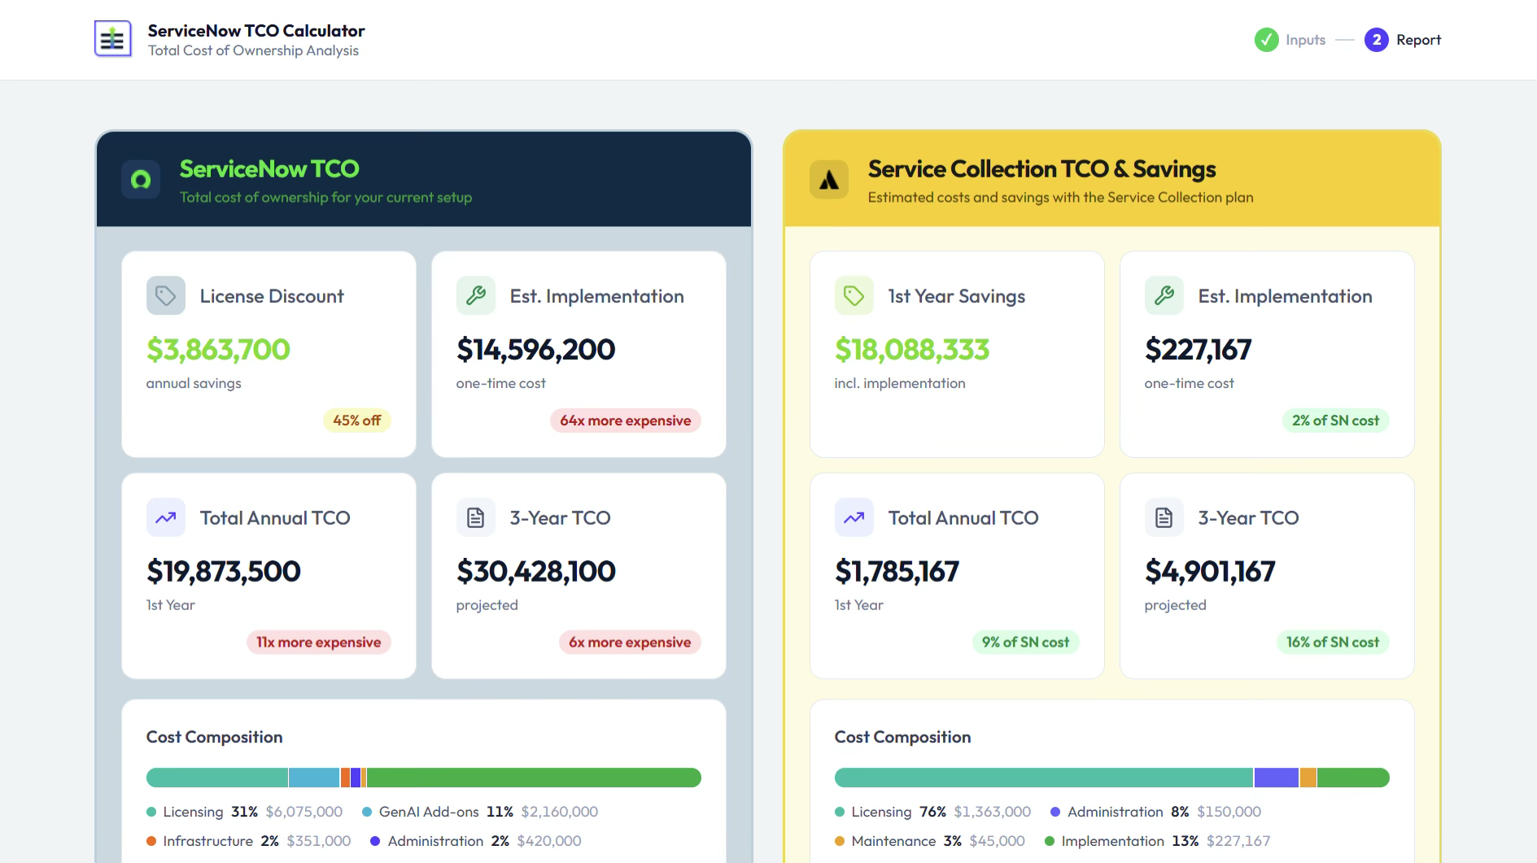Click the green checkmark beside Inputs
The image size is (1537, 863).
[x=1266, y=40]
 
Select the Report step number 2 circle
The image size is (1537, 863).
[x=1377, y=40]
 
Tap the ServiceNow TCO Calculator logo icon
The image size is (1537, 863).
[x=113, y=39]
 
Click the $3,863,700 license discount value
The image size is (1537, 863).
[x=218, y=350]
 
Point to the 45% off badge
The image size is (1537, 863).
[x=357, y=421]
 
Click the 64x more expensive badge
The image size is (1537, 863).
[x=626, y=421]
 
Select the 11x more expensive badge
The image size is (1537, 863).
[x=319, y=643]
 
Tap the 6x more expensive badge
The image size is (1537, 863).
[x=630, y=643]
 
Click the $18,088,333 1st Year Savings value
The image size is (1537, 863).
[x=912, y=350]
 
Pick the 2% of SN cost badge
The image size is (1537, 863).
[x=1336, y=421]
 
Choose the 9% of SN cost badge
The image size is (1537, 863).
[x=1026, y=643]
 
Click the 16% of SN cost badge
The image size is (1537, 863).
[x=1333, y=643]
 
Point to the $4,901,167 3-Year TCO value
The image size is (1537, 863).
[x=1210, y=572]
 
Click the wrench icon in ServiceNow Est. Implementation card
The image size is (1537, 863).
[x=476, y=295]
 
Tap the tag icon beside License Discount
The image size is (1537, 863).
[x=166, y=295]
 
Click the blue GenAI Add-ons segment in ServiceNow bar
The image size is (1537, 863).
[x=314, y=778]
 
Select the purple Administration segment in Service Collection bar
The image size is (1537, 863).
[x=1276, y=778]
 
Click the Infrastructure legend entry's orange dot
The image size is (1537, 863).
[x=151, y=841]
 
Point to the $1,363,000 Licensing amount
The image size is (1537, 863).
[x=993, y=812]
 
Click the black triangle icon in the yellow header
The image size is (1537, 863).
[x=829, y=180]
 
